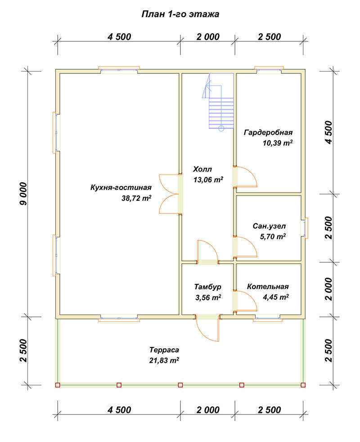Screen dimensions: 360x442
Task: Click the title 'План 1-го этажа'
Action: (180, 14)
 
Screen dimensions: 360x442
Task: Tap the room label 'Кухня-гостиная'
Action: (121, 187)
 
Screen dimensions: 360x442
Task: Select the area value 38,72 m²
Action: (136, 198)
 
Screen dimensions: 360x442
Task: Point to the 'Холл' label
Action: (202, 169)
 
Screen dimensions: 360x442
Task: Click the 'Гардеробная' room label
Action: (268, 132)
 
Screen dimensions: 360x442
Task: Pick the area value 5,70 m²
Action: (273, 236)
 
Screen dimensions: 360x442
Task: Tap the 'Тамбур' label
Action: (208, 287)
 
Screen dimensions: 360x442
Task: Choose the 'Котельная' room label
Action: (268, 287)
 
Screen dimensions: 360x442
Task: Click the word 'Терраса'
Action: (164, 350)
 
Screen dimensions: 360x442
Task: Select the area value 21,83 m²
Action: (164, 360)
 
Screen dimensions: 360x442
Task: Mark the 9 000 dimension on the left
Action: (24, 194)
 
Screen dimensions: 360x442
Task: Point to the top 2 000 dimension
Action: (208, 37)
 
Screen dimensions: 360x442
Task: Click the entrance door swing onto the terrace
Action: (207, 329)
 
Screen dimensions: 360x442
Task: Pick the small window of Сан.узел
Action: (305, 228)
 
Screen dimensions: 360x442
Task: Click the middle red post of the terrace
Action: (180, 385)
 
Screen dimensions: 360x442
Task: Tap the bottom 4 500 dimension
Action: (119, 410)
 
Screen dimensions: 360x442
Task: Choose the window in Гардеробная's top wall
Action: (269, 69)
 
